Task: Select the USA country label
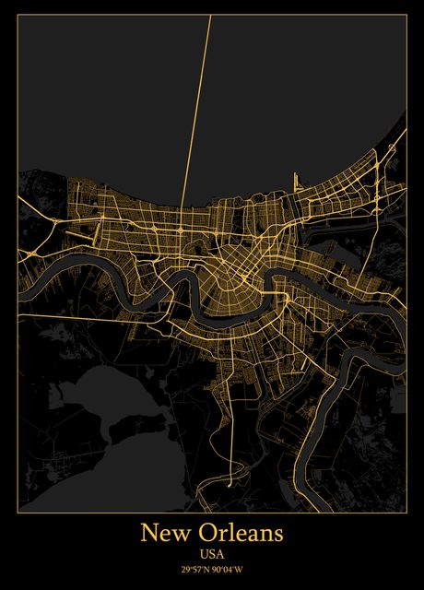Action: [x=211, y=554]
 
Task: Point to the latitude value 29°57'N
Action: [x=194, y=569]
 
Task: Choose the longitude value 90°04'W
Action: [x=229, y=569]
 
